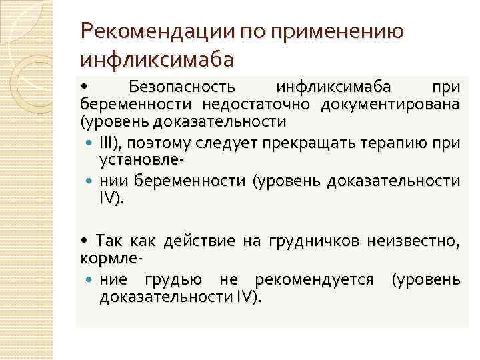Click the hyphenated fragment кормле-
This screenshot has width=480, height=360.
pyautogui.click(x=113, y=257)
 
